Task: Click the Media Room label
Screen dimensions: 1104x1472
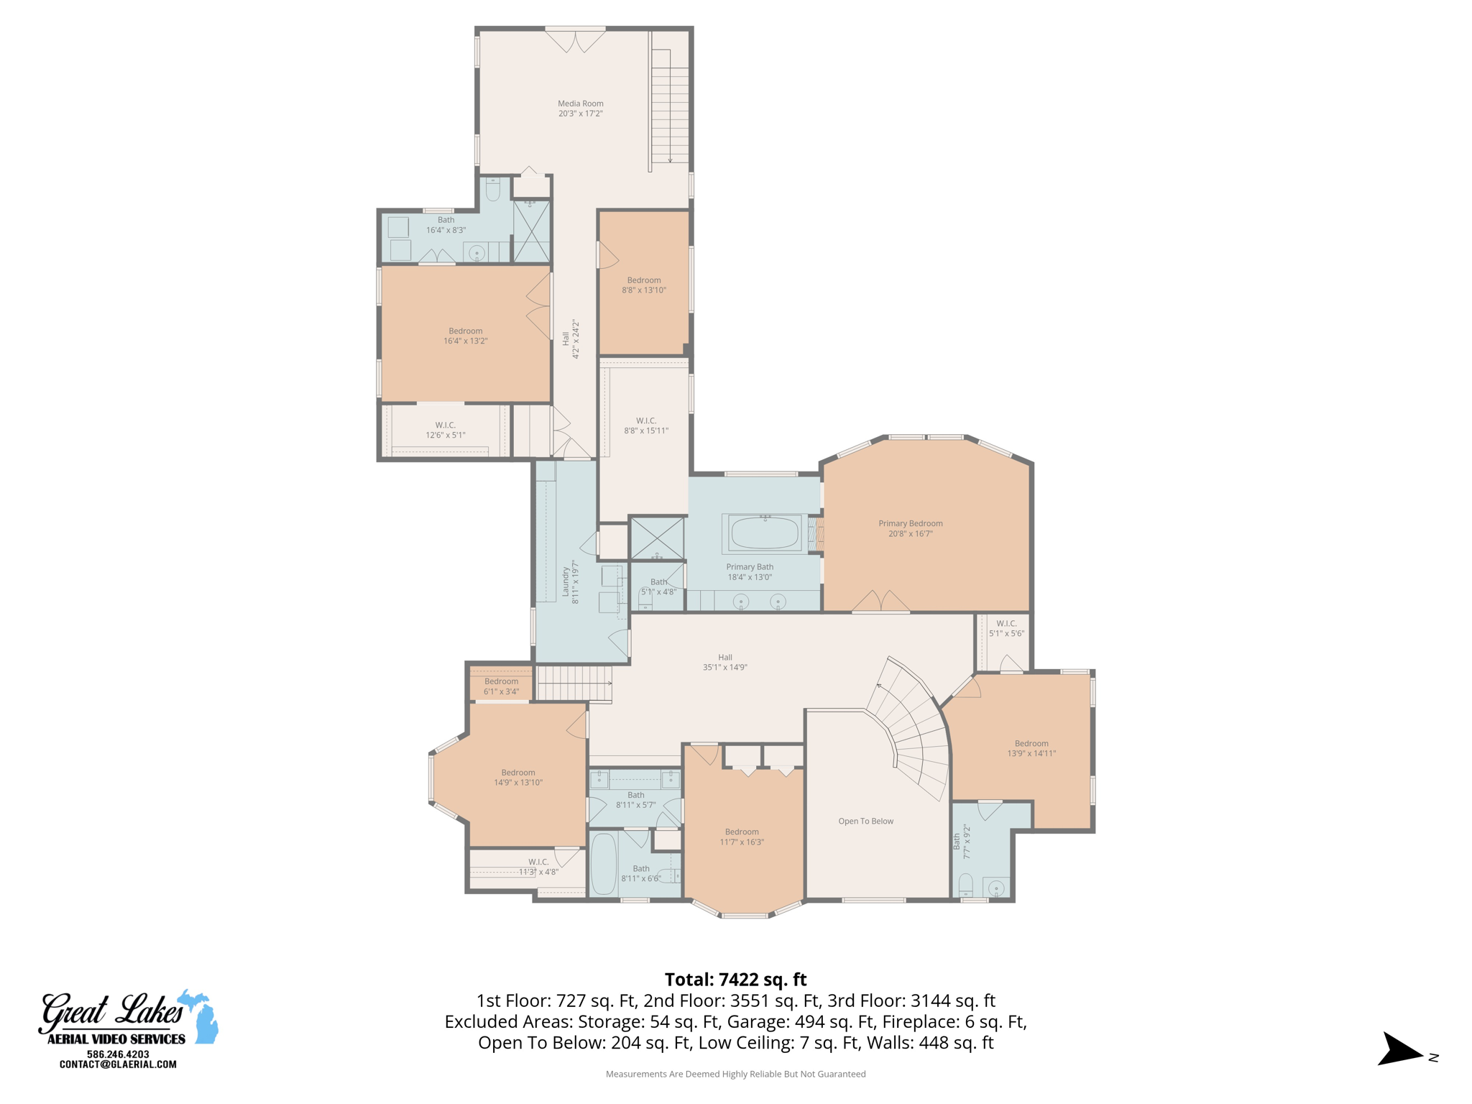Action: (x=580, y=109)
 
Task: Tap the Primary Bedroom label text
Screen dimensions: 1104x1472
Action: (x=910, y=528)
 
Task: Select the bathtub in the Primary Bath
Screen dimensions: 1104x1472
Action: (x=764, y=533)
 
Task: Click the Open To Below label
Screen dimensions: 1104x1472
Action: (x=865, y=821)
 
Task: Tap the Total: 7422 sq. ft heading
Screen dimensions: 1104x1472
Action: (x=735, y=980)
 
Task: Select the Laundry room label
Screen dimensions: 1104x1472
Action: (x=570, y=581)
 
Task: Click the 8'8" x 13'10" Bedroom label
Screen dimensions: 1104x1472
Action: (x=644, y=285)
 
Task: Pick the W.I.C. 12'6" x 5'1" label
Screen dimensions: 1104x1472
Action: (x=445, y=430)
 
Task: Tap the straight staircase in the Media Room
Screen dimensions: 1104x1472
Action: (x=670, y=108)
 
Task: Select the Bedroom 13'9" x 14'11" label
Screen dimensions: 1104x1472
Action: (x=1031, y=748)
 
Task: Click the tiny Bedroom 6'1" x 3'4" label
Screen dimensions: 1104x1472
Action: (x=501, y=686)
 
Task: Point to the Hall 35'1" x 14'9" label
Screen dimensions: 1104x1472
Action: (x=724, y=662)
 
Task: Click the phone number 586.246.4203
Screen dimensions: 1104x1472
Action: (x=118, y=1054)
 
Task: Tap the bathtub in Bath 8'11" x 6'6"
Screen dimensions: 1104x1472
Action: (x=603, y=864)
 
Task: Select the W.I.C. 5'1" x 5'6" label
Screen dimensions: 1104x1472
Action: (x=1006, y=628)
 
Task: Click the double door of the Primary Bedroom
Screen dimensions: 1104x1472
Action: (x=881, y=602)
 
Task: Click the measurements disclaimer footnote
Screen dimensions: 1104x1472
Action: (x=735, y=1074)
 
